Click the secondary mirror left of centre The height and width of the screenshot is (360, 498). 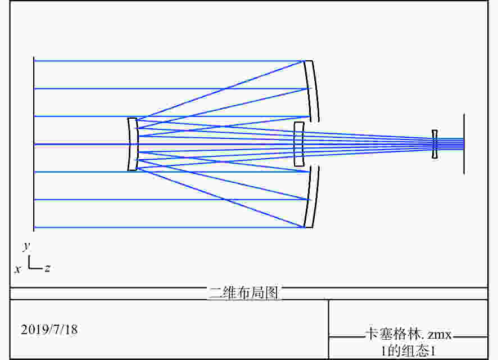(x=133, y=144)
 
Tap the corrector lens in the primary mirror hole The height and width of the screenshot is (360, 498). (x=298, y=144)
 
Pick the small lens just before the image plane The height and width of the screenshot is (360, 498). (x=434, y=144)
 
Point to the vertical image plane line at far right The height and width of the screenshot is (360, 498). (x=464, y=144)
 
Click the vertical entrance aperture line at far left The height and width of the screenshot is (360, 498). (x=34, y=144)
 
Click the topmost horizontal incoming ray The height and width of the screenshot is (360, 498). (x=169, y=61)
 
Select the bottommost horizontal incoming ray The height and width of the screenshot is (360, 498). (x=169, y=227)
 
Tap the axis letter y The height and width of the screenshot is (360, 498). (x=26, y=246)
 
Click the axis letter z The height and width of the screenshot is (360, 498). (x=47, y=268)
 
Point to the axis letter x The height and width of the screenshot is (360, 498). (x=18, y=269)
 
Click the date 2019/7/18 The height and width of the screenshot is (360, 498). (x=49, y=330)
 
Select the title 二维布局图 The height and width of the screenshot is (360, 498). (x=243, y=292)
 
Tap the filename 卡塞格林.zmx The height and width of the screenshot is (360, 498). (x=409, y=335)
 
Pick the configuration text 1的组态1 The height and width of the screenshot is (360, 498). (x=409, y=351)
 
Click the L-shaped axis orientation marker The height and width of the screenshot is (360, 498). (x=35, y=263)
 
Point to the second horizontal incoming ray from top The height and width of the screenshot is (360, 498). (x=171, y=89)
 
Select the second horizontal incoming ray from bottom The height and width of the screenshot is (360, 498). (x=171, y=200)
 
